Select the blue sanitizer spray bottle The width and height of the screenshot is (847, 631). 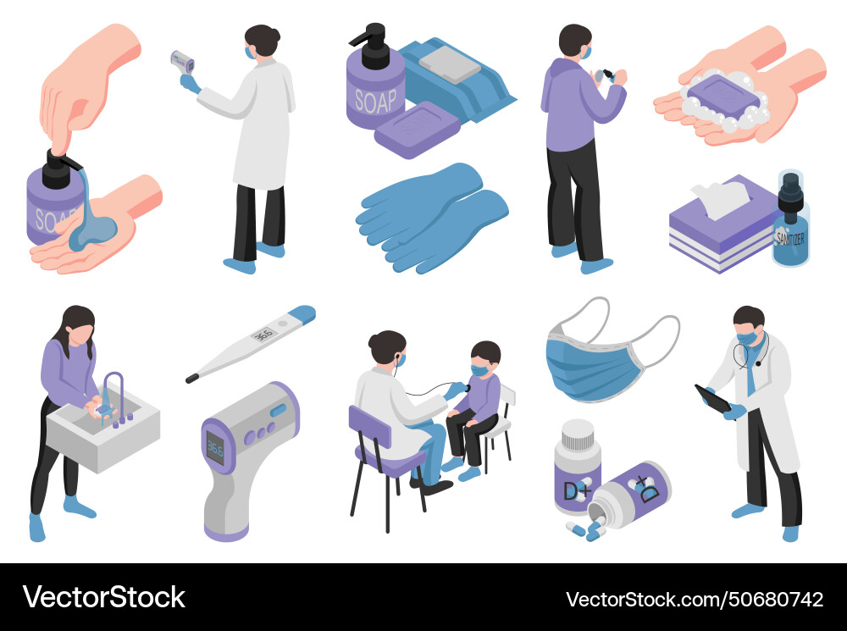coord(789,222)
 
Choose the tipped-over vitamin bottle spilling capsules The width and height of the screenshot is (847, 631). coord(630,490)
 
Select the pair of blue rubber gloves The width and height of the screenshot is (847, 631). coord(432,216)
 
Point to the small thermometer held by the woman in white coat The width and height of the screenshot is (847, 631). coord(182,61)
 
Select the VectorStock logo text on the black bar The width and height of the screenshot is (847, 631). coord(103,597)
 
